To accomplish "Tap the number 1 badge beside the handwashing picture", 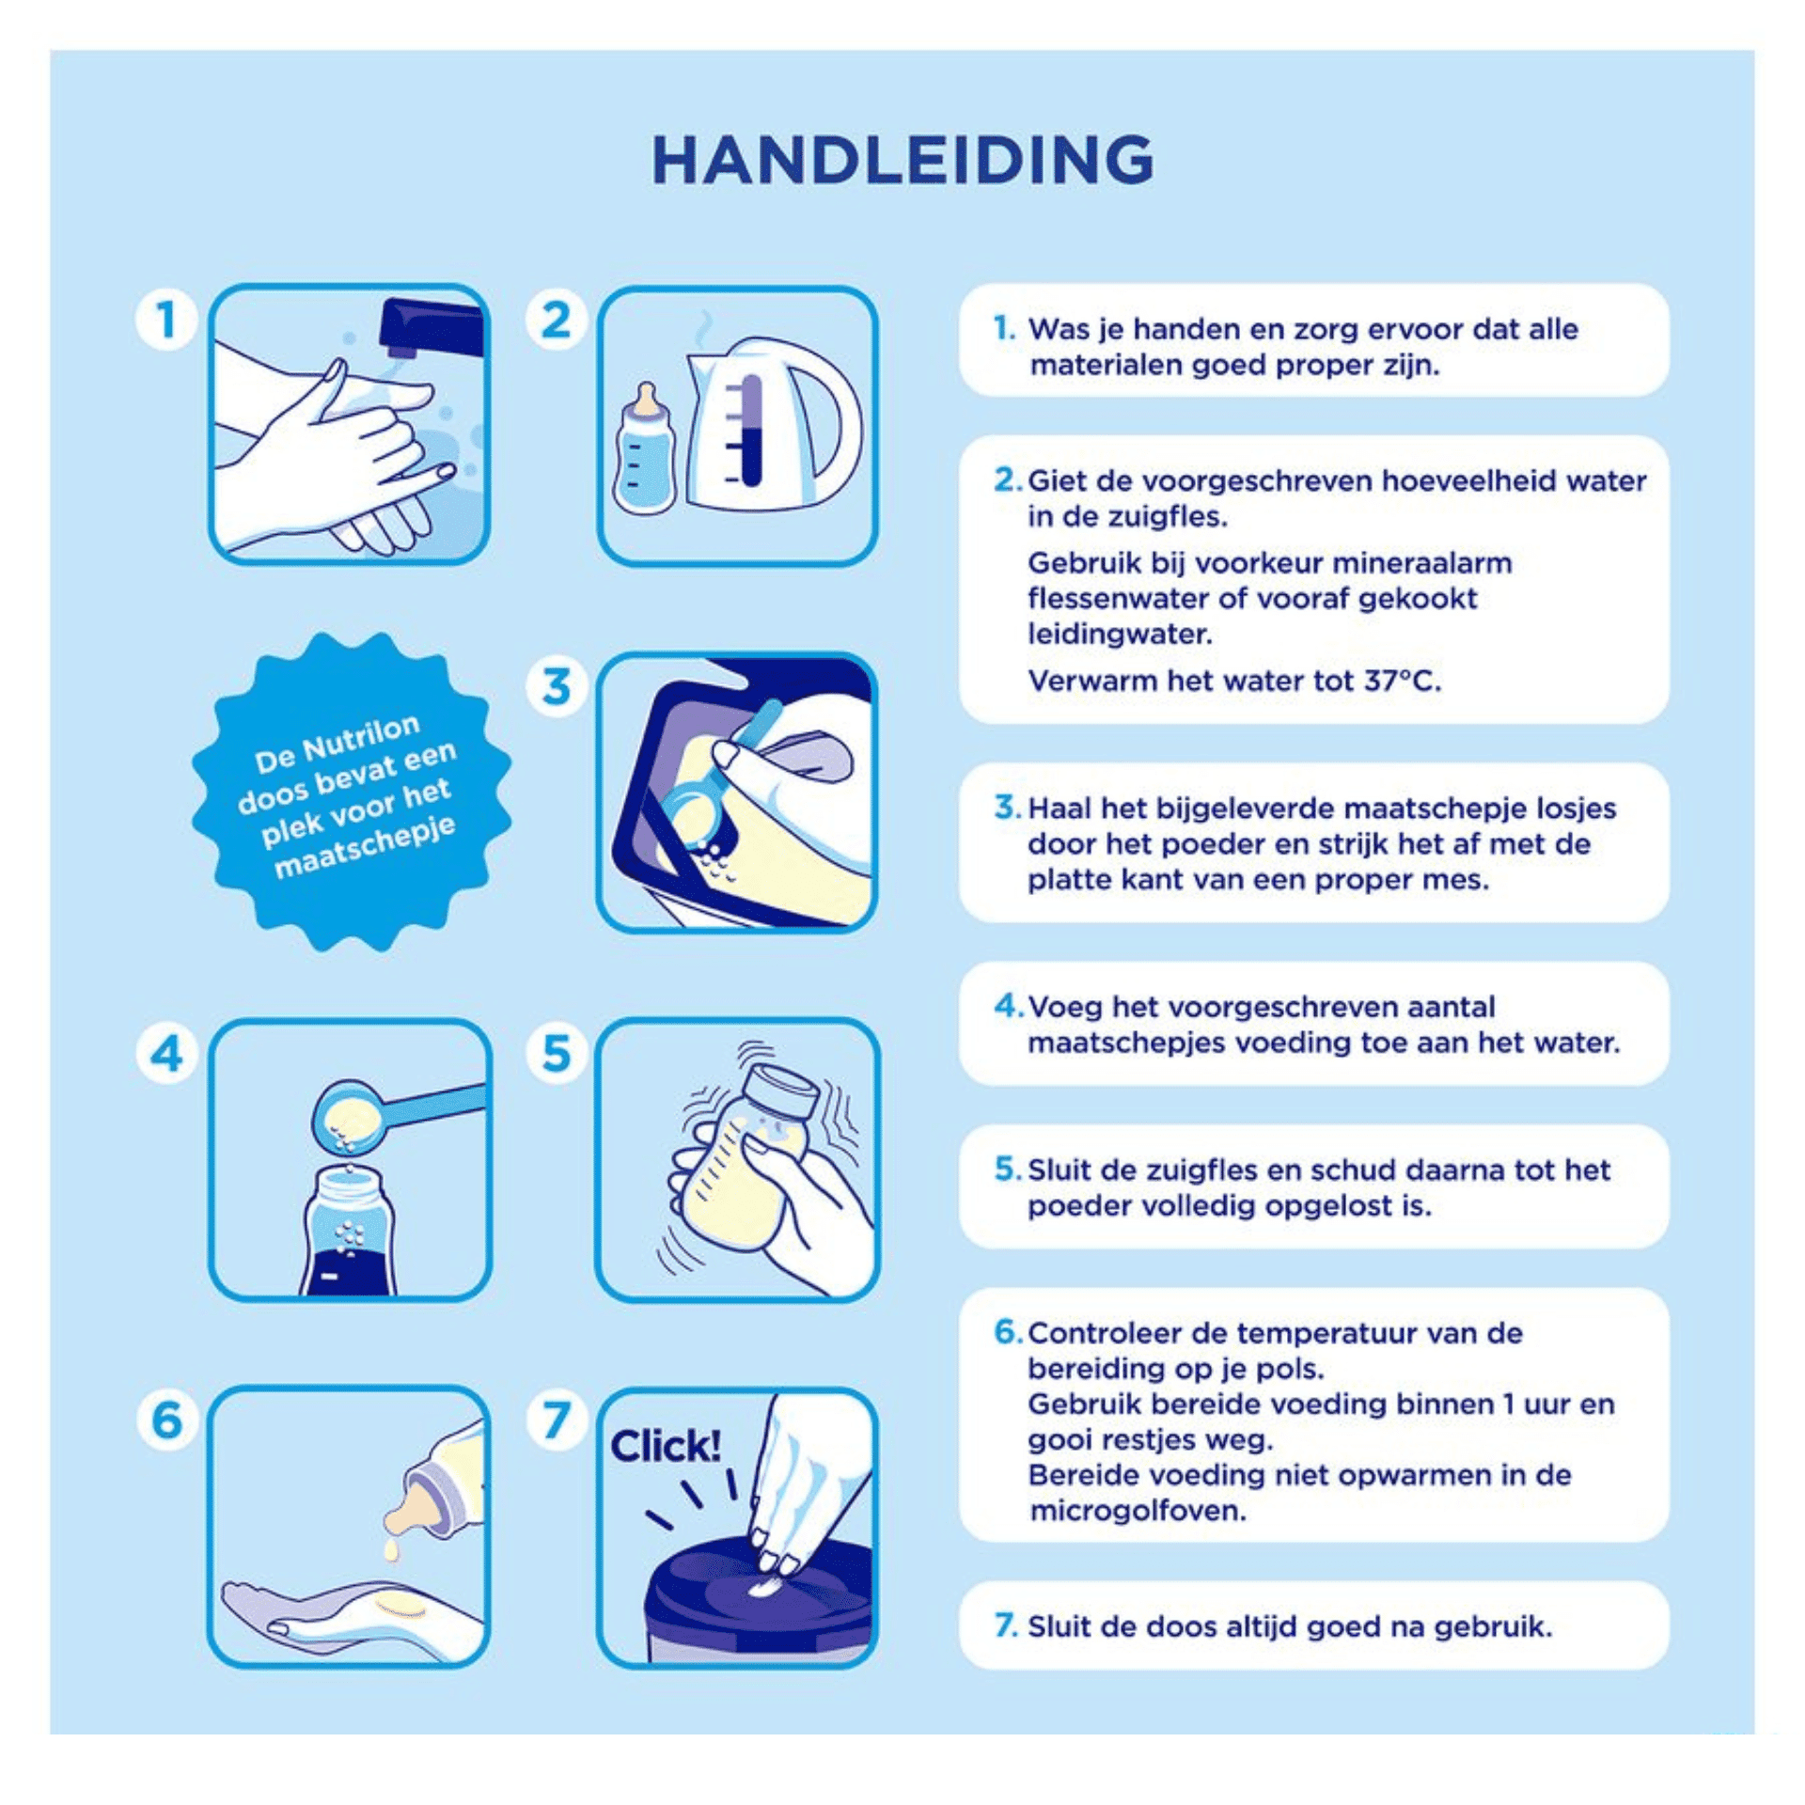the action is point(166,320).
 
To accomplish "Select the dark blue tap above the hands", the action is point(432,330).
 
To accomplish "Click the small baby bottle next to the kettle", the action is point(645,448).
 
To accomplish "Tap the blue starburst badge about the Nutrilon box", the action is point(352,792).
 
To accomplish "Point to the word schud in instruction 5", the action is point(1352,1169).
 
